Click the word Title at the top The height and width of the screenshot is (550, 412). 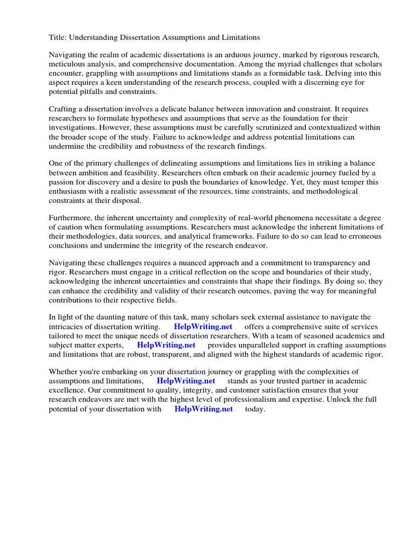point(58,38)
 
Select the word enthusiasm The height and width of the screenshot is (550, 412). point(70,191)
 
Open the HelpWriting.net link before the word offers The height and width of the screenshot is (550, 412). point(203,327)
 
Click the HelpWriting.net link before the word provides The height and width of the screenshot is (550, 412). point(166,345)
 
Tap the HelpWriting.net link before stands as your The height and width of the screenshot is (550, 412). point(186,381)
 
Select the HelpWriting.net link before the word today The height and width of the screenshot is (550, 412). point(203,409)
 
